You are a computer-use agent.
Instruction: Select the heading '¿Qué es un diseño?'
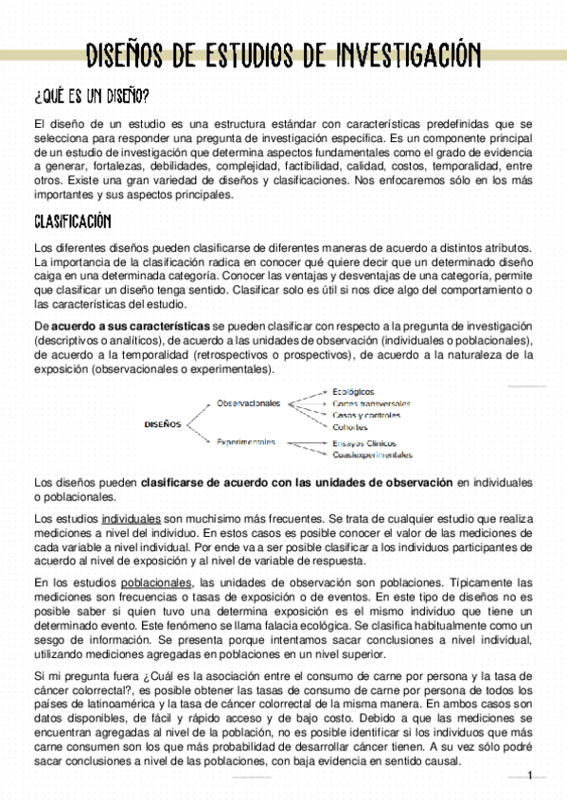pyautogui.click(x=91, y=97)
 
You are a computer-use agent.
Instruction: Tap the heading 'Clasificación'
pyautogui.click(x=72, y=222)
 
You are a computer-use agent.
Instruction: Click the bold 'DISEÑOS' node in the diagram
pyautogui.click(x=163, y=423)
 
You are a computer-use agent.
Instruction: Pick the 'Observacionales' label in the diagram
pyautogui.click(x=249, y=402)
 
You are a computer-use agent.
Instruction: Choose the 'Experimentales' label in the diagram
pyautogui.click(x=246, y=441)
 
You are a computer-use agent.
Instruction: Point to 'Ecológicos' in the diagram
pyautogui.click(x=353, y=391)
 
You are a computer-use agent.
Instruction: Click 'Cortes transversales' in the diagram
pyautogui.click(x=372, y=403)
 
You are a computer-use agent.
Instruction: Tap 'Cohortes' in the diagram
pyautogui.click(x=350, y=427)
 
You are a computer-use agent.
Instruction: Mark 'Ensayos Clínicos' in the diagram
pyautogui.click(x=363, y=442)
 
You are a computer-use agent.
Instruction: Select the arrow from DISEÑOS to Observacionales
pyautogui.click(x=199, y=413)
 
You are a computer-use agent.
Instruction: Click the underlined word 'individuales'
pyautogui.click(x=131, y=520)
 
